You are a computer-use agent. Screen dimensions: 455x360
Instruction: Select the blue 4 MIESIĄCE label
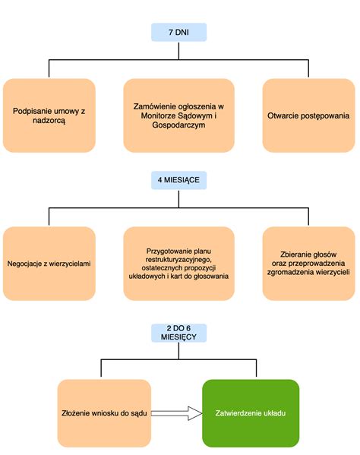[x=179, y=180]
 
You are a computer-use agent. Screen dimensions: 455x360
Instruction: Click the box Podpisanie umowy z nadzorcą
[x=49, y=115]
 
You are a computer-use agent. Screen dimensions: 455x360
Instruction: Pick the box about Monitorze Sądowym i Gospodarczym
[x=179, y=115]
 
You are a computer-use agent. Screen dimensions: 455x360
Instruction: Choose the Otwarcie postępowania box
[x=308, y=115]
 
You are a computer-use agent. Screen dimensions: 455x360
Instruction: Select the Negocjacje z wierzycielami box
[x=49, y=264]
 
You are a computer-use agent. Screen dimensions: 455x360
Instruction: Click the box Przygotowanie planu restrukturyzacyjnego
[x=179, y=264]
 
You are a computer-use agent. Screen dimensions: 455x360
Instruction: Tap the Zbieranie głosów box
[x=308, y=264]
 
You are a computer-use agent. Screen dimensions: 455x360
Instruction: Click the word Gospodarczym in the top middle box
[x=179, y=126]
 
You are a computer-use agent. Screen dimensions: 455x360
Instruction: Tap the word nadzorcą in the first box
[x=49, y=121]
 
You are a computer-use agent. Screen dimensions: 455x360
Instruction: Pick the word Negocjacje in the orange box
[x=28, y=264]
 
